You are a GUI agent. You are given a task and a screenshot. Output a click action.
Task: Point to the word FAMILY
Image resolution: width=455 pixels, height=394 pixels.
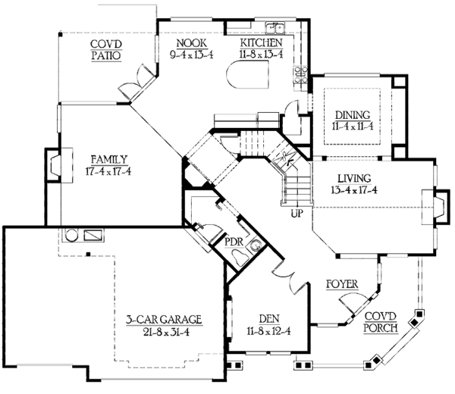click(x=108, y=159)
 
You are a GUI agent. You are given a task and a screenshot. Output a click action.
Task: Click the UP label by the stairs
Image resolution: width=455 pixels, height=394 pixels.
click(x=298, y=214)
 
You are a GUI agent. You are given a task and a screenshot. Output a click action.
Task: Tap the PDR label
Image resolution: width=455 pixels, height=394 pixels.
click(x=234, y=242)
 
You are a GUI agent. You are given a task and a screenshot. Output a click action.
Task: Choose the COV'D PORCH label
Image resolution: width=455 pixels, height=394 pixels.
click(x=381, y=321)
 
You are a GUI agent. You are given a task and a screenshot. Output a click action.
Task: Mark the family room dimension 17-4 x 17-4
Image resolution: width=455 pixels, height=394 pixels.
click(x=108, y=172)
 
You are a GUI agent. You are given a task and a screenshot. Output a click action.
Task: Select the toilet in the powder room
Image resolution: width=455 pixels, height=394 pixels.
click(x=256, y=245)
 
